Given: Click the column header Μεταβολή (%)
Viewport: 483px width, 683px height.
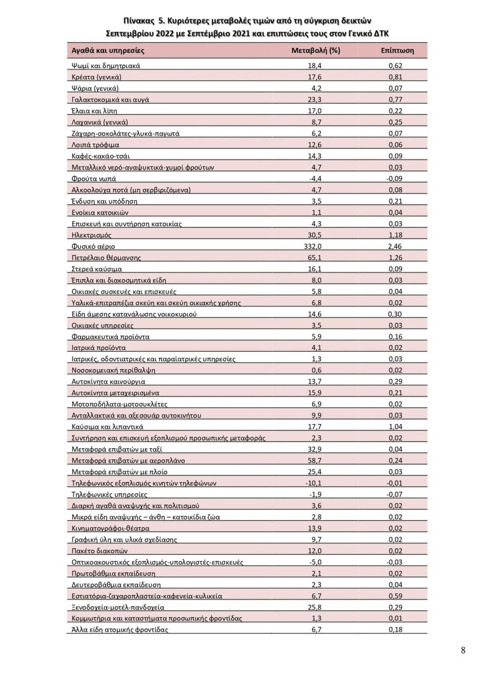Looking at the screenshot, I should tap(315, 50).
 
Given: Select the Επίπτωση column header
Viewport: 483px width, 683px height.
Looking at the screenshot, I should tap(397, 50).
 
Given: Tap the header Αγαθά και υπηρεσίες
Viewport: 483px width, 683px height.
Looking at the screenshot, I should tap(108, 50).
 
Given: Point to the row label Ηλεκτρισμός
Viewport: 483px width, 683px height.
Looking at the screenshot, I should tap(92, 235).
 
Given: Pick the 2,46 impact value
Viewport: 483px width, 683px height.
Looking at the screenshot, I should tap(395, 246).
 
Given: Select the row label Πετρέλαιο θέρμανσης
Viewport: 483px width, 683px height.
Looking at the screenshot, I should tap(106, 258).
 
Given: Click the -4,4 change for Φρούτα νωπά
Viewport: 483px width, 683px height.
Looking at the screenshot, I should tap(315, 179).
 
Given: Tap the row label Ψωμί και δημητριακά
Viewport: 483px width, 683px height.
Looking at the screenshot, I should tap(106, 66).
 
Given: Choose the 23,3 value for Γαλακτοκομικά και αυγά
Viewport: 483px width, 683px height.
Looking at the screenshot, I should tap(314, 100).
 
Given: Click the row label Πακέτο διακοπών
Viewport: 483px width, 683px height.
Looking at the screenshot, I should tap(100, 551).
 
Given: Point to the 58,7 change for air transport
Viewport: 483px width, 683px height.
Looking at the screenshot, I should tap(314, 461).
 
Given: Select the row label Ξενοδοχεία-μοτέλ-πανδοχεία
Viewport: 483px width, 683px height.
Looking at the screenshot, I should tap(118, 607).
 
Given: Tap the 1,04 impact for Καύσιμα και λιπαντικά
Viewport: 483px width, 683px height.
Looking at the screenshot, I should tap(395, 427).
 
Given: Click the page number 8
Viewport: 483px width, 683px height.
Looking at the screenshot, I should tap(463, 650).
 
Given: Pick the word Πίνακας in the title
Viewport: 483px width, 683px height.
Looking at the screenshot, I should tap(139, 21).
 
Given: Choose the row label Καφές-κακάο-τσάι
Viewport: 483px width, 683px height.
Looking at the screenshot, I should tap(101, 156).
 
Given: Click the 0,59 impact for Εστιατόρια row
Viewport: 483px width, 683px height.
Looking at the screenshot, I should tap(395, 596).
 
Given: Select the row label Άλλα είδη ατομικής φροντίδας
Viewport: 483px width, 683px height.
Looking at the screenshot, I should tap(120, 630).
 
